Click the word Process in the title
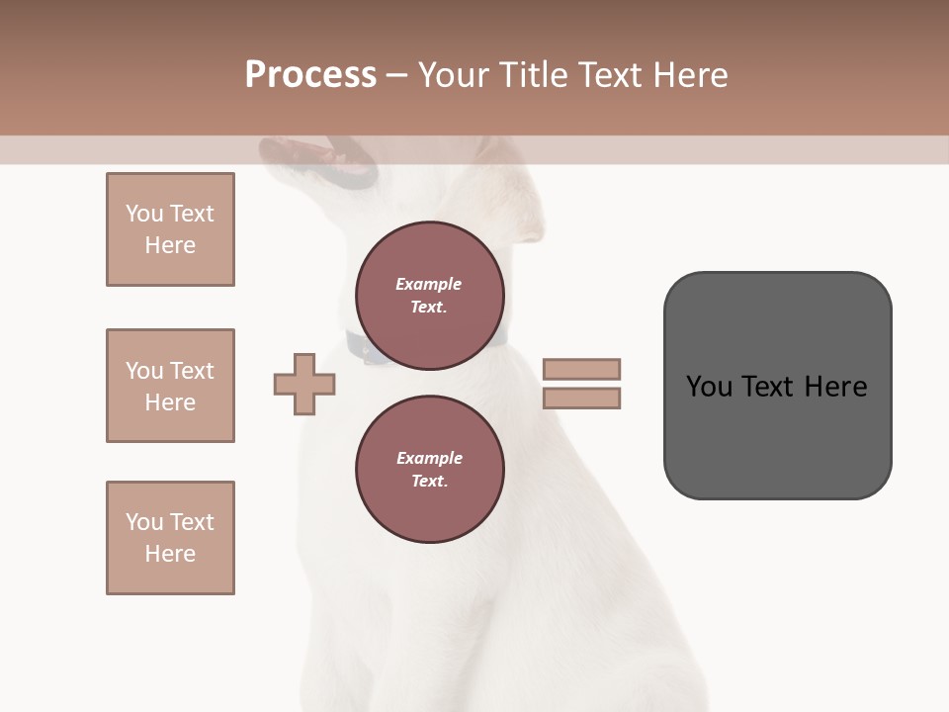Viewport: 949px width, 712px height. click(310, 75)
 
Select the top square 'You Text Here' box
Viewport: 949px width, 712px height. click(170, 229)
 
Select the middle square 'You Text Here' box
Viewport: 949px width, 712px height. click(170, 386)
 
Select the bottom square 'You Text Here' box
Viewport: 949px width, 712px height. click(170, 538)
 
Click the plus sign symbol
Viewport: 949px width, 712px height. click(304, 384)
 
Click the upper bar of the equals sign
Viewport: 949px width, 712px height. click(581, 369)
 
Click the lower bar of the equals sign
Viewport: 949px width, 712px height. click(581, 399)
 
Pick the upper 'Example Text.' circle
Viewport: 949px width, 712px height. click(430, 296)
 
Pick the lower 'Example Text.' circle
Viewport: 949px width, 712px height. click(430, 470)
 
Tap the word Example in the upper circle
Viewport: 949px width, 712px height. click(429, 284)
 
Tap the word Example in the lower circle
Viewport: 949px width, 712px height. click(429, 458)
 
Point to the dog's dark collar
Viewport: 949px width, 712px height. click(366, 348)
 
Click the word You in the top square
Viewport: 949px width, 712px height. click(143, 214)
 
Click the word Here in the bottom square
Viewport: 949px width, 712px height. click(170, 554)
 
